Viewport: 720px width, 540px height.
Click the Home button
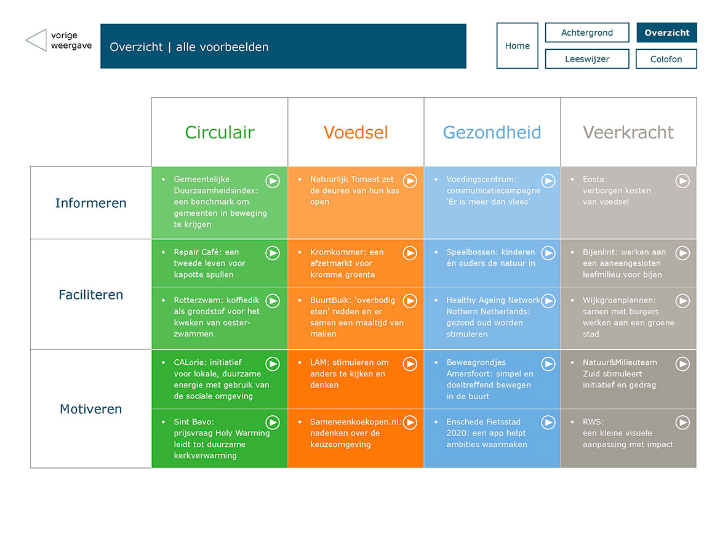[517, 46]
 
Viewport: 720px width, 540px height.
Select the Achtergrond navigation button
[587, 33]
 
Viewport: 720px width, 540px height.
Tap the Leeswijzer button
[587, 58]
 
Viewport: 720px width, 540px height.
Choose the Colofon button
[666, 58]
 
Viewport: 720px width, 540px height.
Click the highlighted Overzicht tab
[666, 33]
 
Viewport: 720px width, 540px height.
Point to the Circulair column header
[220, 132]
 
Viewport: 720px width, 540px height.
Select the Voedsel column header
[356, 132]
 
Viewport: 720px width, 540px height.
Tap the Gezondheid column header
[492, 132]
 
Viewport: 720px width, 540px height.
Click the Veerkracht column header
[628, 132]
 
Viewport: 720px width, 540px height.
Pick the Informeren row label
[90, 203]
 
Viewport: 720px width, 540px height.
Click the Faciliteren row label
[90, 295]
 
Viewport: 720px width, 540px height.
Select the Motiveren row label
[90, 409]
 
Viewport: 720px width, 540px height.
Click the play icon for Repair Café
[273, 253]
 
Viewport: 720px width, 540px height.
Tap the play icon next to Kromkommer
[410, 253]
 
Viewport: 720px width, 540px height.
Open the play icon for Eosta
[683, 181]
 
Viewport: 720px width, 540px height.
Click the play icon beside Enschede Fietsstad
[548, 423]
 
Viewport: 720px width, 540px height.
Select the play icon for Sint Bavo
[273, 423]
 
